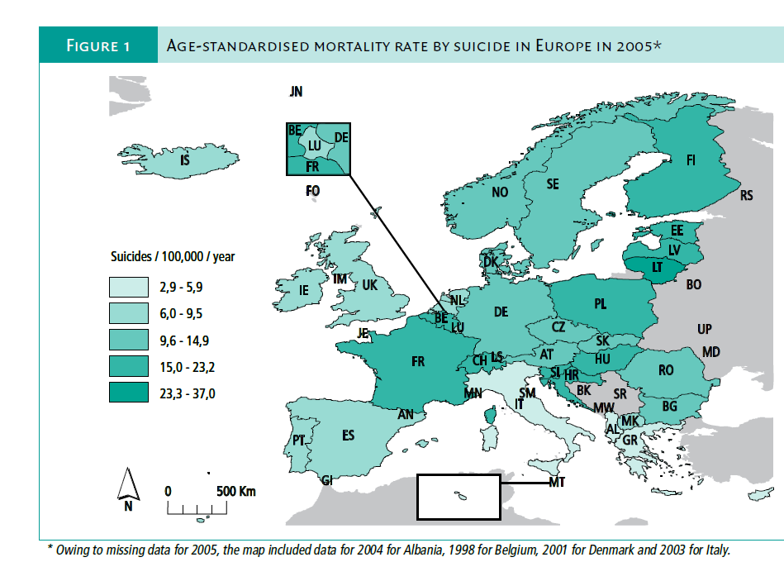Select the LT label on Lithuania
(658, 268)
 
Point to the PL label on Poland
(601, 305)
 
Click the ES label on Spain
(349, 435)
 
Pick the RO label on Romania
(666, 371)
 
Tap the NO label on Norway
(499, 193)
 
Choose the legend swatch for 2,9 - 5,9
(129, 286)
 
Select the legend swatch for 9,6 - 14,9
(129, 339)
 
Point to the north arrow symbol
(128, 483)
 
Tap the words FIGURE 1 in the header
(97, 45)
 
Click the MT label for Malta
(557, 482)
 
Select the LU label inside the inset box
(314, 145)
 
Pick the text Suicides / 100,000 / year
(173, 256)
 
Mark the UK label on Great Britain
(369, 285)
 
